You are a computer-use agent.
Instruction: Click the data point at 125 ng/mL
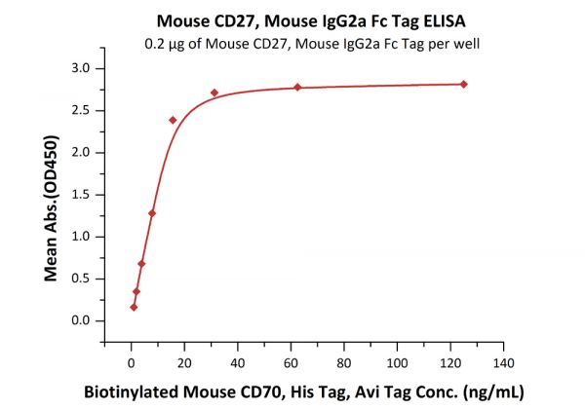(x=463, y=84)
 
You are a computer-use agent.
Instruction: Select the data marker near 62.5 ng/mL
(x=297, y=88)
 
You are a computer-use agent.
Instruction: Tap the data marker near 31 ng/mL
(x=214, y=93)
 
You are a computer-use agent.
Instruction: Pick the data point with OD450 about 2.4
(x=173, y=120)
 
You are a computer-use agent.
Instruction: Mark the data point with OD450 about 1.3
(x=152, y=213)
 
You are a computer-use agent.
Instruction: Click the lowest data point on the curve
(x=134, y=308)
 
